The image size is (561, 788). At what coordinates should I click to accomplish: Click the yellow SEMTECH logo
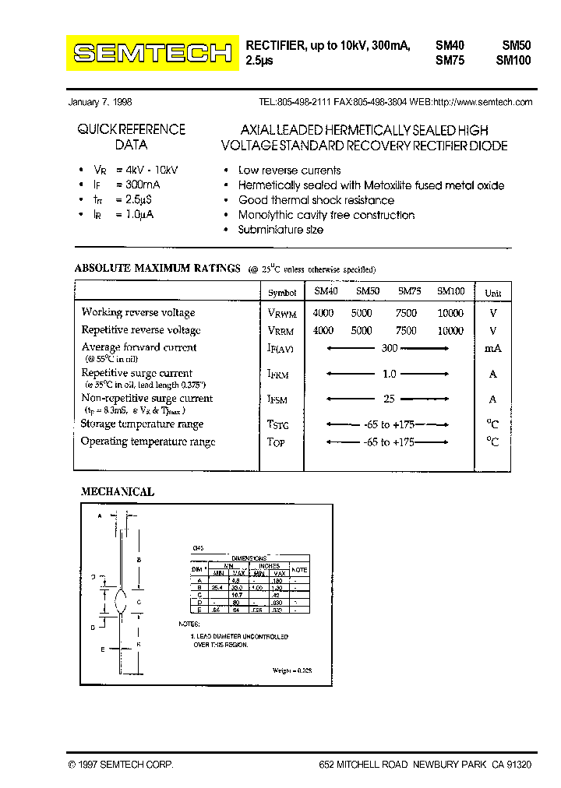click(x=153, y=53)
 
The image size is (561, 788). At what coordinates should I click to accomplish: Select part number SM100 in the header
click(x=513, y=60)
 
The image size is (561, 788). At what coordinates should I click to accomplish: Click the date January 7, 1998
click(x=101, y=102)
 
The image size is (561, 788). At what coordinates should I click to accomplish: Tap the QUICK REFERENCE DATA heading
click(x=131, y=137)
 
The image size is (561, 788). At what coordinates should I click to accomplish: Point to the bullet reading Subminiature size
click(x=280, y=230)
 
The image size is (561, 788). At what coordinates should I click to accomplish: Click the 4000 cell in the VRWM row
click(x=323, y=313)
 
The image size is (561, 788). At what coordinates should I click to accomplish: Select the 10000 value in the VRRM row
click(x=450, y=330)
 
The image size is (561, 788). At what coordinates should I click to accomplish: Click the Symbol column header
click(x=282, y=293)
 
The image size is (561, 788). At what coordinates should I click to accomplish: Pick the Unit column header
click(x=493, y=294)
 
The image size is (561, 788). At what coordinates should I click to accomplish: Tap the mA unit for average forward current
click(x=493, y=349)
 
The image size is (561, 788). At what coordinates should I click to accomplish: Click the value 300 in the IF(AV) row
click(x=390, y=349)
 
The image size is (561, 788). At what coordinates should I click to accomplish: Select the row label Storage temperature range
click(x=142, y=424)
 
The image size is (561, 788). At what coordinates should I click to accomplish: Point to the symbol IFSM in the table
click(x=278, y=400)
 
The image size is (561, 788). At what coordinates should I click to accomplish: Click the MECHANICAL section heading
click(x=118, y=492)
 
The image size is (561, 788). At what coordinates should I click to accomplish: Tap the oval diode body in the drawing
click(x=119, y=601)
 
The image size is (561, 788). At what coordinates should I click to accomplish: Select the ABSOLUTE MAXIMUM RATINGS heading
click(x=157, y=269)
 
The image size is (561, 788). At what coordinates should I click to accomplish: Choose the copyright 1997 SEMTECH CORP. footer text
click(x=121, y=765)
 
